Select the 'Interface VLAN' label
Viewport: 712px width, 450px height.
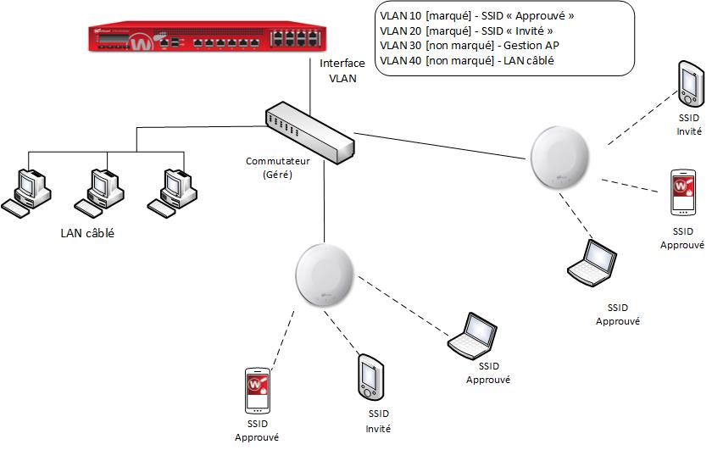pyautogui.click(x=342, y=70)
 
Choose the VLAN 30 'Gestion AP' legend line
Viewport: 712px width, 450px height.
pyautogui.click(x=459, y=45)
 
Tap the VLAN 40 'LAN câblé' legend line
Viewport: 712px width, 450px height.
pyautogui.click(x=457, y=60)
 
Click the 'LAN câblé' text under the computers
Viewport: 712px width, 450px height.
pyautogui.click(x=87, y=233)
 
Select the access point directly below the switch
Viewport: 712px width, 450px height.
pyautogui.click(x=323, y=274)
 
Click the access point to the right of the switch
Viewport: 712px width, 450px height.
pyautogui.click(x=559, y=156)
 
